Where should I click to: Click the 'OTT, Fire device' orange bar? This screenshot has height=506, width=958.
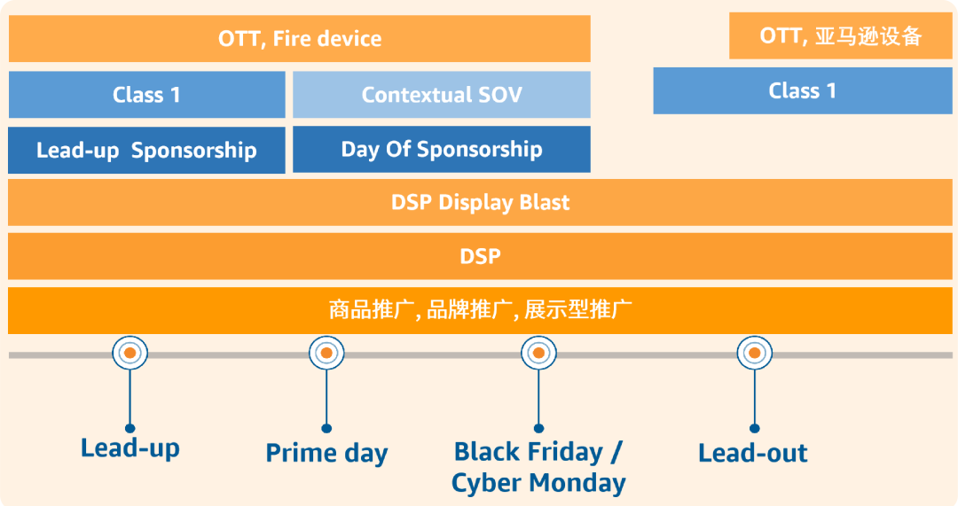(x=300, y=39)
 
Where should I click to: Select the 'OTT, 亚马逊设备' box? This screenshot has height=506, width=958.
(x=841, y=36)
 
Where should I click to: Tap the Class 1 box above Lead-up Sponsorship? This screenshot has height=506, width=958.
(x=147, y=95)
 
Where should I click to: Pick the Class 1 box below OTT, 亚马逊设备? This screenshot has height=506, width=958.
(x=802, y=90)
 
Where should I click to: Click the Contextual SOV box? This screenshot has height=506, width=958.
(x=442, y=95)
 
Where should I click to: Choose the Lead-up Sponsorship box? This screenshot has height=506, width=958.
(x=147, y=150)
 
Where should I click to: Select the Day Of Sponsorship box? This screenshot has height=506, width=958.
(x=442, y=149)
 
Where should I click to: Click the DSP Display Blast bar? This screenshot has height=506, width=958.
(x=480, y=202)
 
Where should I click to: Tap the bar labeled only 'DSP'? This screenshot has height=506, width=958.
(x=480, y=256)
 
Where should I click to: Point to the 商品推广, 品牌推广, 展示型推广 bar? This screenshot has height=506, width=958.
(x=480, y=310)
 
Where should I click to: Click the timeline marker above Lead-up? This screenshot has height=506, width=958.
(x=130, y=354)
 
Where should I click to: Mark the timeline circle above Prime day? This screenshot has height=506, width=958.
(x=326, y=354)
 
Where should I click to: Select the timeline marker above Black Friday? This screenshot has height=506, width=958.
(x=538, y=354)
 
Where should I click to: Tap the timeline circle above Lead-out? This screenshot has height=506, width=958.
(x=754, y=354)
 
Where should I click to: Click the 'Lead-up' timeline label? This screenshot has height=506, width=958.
(x=130, y=448)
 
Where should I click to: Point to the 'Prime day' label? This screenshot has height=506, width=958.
(x=326, y=454)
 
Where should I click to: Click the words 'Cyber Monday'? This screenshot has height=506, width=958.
(x=538, y=483)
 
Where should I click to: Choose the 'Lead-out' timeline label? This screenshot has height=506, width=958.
(x=753, y=453)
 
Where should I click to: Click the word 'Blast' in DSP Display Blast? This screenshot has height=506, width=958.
(x=544, y=202)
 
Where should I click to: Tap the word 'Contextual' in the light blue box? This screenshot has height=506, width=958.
(x=412, y=95)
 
